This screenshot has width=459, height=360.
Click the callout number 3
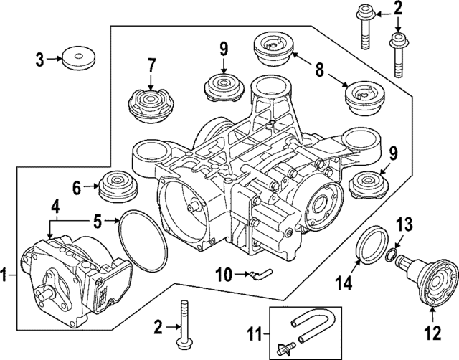40,60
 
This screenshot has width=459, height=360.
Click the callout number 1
6,274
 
